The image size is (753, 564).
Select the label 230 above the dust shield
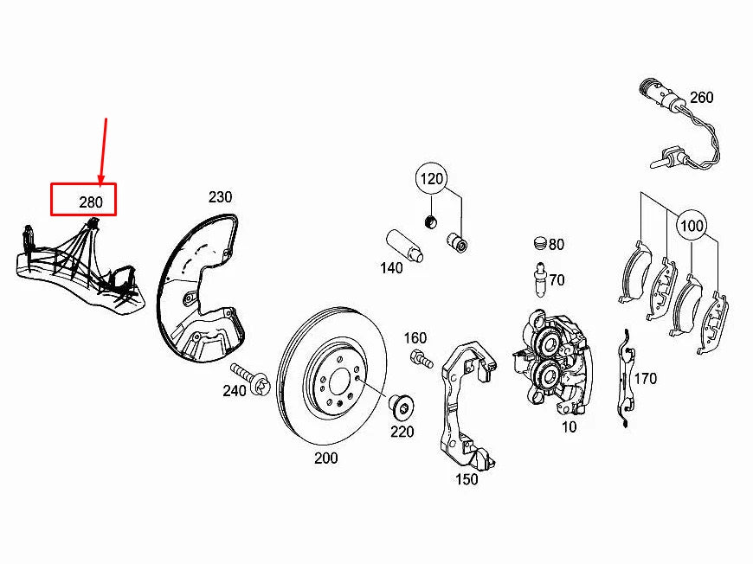220,197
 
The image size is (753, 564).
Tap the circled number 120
432,180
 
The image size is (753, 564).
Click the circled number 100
692,226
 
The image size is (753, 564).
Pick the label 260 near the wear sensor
701,98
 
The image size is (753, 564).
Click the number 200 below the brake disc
325,458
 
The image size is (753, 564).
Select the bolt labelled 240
251,378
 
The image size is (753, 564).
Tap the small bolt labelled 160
421,359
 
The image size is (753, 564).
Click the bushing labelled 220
401,405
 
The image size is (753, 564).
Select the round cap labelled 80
540,242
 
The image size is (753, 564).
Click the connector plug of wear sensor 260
652,91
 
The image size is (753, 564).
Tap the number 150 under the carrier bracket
466,479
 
